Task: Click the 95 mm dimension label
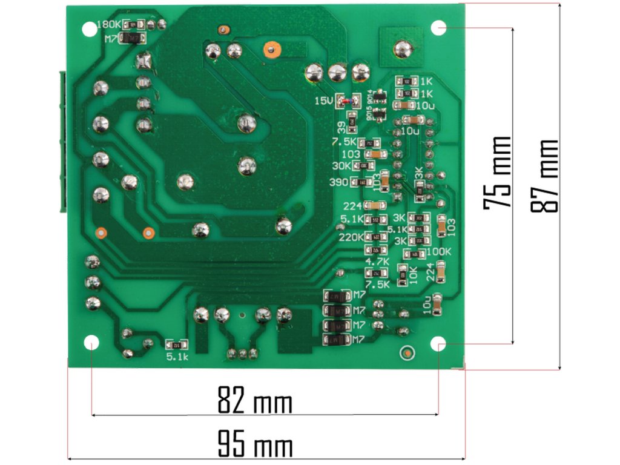click(254, 446)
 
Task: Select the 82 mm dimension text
click(254, 402)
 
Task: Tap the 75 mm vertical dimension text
click(497, 173)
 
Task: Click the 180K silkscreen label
click(108, 25)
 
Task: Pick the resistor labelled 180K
click(134, 25)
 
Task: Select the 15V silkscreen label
click(324, 101)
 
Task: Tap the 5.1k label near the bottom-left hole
click(178, 357)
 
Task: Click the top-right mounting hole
click(438, 27)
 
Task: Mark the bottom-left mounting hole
click(91, 344)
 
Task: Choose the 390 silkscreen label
click(339, 182)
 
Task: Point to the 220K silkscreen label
click(351, 237)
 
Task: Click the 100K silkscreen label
click(439, 251)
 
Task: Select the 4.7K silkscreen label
click(377, 262)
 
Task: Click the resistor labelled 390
click(363, 182)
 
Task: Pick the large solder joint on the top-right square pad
click(401, 48)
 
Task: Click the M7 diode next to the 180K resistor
click(132, 38)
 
